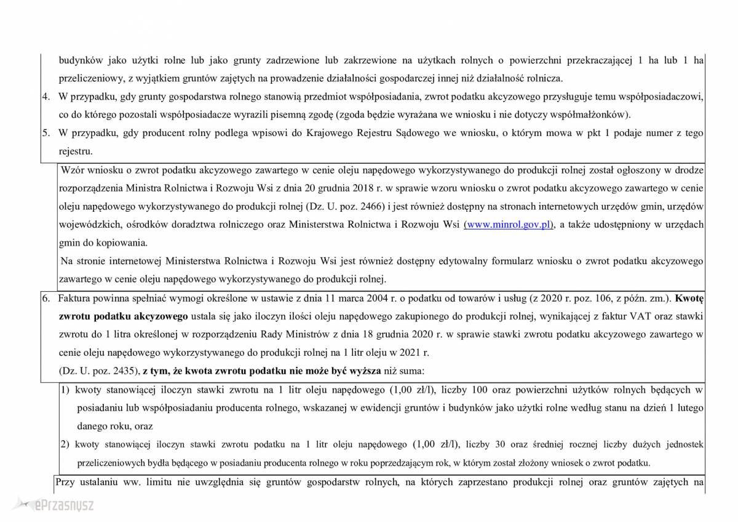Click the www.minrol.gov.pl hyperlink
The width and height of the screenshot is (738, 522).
[x=509, y=225]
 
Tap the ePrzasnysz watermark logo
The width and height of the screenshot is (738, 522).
[x=56, y=505]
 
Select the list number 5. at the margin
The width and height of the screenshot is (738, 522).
[x=46, y=133]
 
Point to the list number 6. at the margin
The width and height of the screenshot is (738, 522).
[x=46, y=299]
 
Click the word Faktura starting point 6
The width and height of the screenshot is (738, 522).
[x=73, y=299]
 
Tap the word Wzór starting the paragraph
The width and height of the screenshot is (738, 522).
[x=74, y=169]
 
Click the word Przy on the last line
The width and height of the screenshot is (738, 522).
[x=65, y=482]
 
